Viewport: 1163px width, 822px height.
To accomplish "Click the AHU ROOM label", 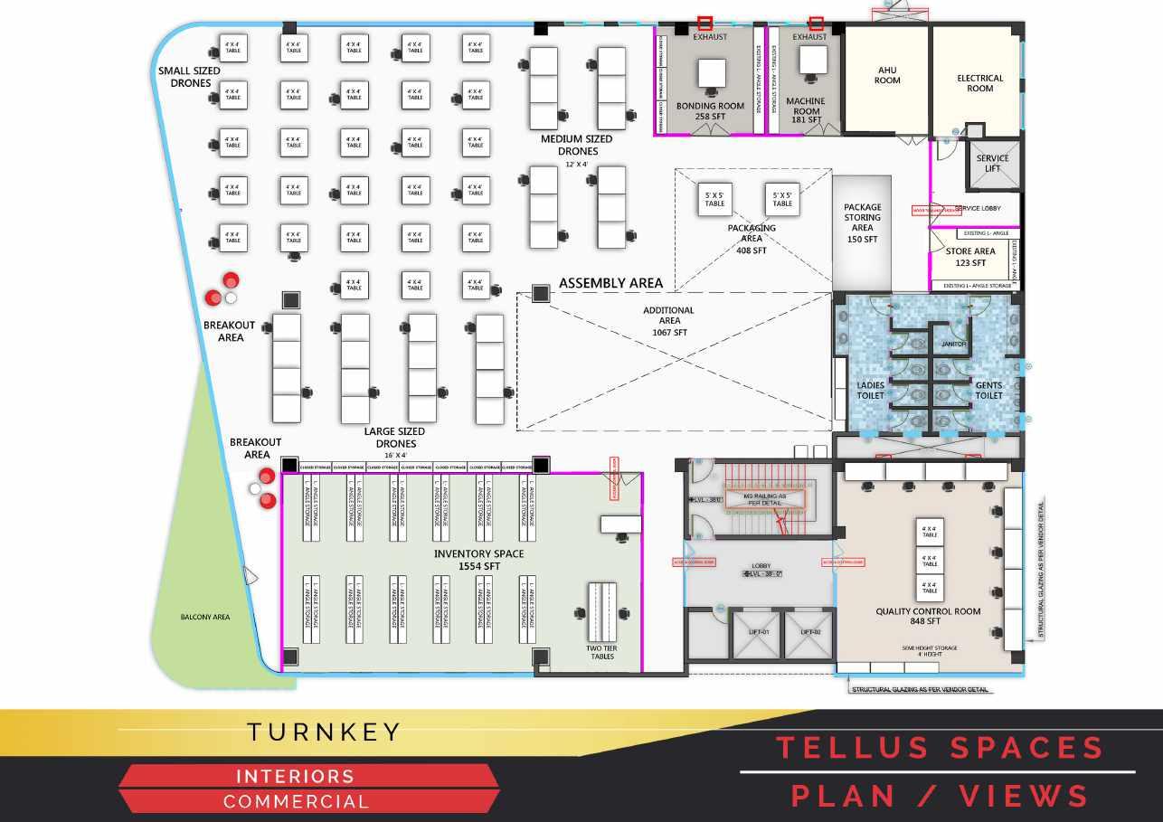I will point(887,74).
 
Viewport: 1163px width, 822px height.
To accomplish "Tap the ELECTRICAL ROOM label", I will point(979,83).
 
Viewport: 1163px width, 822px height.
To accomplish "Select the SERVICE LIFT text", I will point(992,164).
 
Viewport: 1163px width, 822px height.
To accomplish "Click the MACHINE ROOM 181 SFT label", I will point(805,110).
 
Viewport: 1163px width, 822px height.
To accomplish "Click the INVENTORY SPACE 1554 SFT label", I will point(478,560).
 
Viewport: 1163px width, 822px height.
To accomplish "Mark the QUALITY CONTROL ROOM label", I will point(928,617).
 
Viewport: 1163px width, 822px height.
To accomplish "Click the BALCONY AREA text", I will point(204,618).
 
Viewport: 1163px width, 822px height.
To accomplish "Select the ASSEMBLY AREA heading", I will point(610,283).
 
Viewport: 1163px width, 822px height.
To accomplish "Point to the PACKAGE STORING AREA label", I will point(862,223).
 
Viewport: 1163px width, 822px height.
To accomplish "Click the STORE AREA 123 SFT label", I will point(970,257).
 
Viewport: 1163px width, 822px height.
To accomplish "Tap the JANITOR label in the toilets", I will point(954,344).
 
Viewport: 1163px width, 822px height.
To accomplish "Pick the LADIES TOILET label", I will point(870,391).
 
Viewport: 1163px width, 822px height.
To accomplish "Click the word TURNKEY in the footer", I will point(324,732).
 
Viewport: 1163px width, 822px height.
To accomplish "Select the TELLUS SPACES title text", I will point(940,748).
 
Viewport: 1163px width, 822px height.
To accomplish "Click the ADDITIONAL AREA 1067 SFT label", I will point(668,321).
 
